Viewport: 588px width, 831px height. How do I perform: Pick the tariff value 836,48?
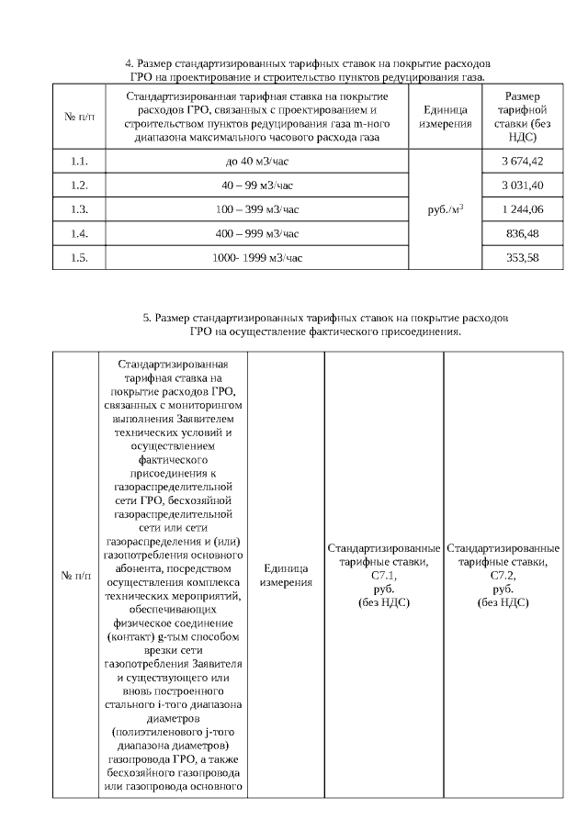pos(522,233)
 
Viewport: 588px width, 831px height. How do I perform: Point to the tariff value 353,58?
pos(522,257)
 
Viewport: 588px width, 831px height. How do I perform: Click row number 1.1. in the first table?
pos(78,162)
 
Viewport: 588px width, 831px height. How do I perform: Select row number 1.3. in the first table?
pos(78,209)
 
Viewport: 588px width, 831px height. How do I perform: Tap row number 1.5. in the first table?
pos(78,257)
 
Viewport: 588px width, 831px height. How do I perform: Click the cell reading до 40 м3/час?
pos(256,162)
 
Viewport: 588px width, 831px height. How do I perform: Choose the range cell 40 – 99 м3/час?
pos(256,185)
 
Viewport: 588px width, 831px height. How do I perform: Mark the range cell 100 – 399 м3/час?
pos(256,209)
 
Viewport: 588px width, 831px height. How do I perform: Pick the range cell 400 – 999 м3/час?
pos(256,233)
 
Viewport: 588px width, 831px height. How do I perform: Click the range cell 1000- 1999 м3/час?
pos(256,257)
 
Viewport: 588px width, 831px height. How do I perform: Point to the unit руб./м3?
pos(446,209)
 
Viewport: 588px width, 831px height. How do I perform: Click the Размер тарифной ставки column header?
pos(522,117)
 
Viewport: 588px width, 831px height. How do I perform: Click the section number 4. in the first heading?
pos(128,63)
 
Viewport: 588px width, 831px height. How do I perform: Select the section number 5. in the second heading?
pos(146,318)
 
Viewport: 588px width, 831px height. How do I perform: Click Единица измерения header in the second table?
pos(285,576)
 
